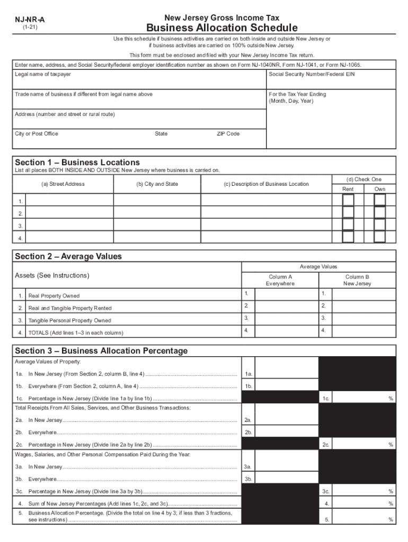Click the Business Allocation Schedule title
click(221, 28)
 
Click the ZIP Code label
click(228, 134)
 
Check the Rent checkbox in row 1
click(348, 200)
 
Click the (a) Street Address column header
click(63, 184)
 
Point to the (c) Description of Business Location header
click(266, 184)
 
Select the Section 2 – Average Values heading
click(68, 257)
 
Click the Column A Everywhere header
click(280, 280)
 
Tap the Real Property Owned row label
click(54, 296)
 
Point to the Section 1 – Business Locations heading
click(77, 162)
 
